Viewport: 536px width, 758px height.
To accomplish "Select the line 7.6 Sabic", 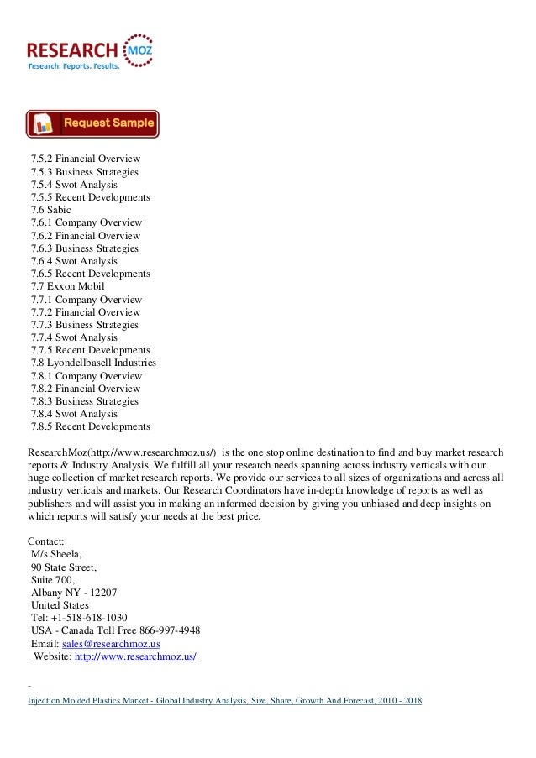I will (51, 210).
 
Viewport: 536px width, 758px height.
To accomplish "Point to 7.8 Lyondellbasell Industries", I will (93, 363).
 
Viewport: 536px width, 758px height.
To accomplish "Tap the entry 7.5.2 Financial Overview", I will (85, 159).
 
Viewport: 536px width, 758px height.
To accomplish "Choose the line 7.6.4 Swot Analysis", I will (74, 261).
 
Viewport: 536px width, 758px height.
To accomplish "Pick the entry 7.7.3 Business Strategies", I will (85, 325).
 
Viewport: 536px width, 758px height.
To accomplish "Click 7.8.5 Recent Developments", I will (90, 426).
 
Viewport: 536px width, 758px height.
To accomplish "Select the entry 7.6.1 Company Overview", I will (86, 222).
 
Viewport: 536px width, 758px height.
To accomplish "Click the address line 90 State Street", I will (63, 567).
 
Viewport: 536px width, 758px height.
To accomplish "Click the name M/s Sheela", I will (55, 555).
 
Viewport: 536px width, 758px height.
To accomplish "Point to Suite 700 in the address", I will (52, 580).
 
